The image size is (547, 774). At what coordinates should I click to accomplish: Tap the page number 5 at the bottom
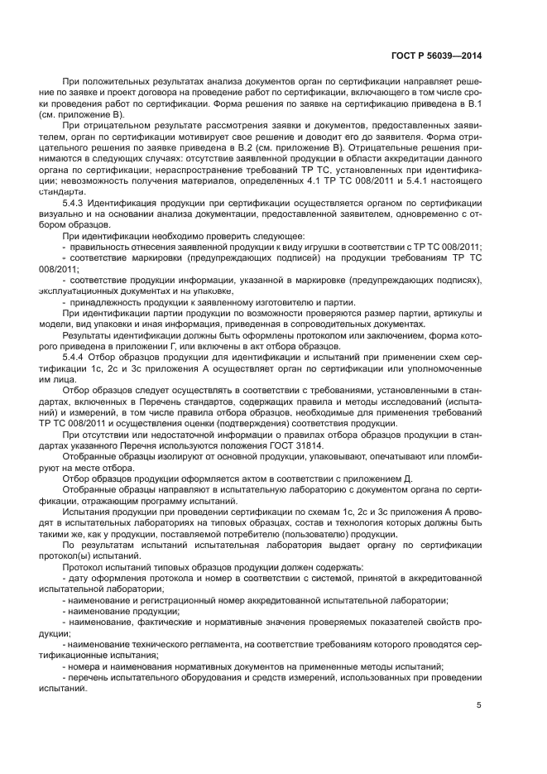pyautogui.click(x=479, y=705)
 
